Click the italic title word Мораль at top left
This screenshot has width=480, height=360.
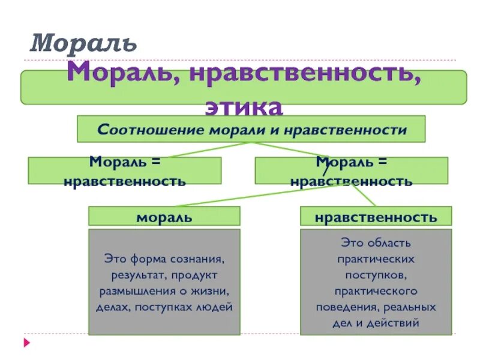(x=84, y=43)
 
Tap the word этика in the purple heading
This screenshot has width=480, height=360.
(x=244, y=107)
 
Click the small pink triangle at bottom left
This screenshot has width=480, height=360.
(x=26, y=344)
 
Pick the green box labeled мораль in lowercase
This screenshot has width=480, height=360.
(x=164, y=217)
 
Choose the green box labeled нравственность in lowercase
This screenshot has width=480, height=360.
(x=376, y=217)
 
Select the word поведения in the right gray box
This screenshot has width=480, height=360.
(x=344, y=307)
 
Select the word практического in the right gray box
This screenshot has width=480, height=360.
(x=376, y=291)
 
